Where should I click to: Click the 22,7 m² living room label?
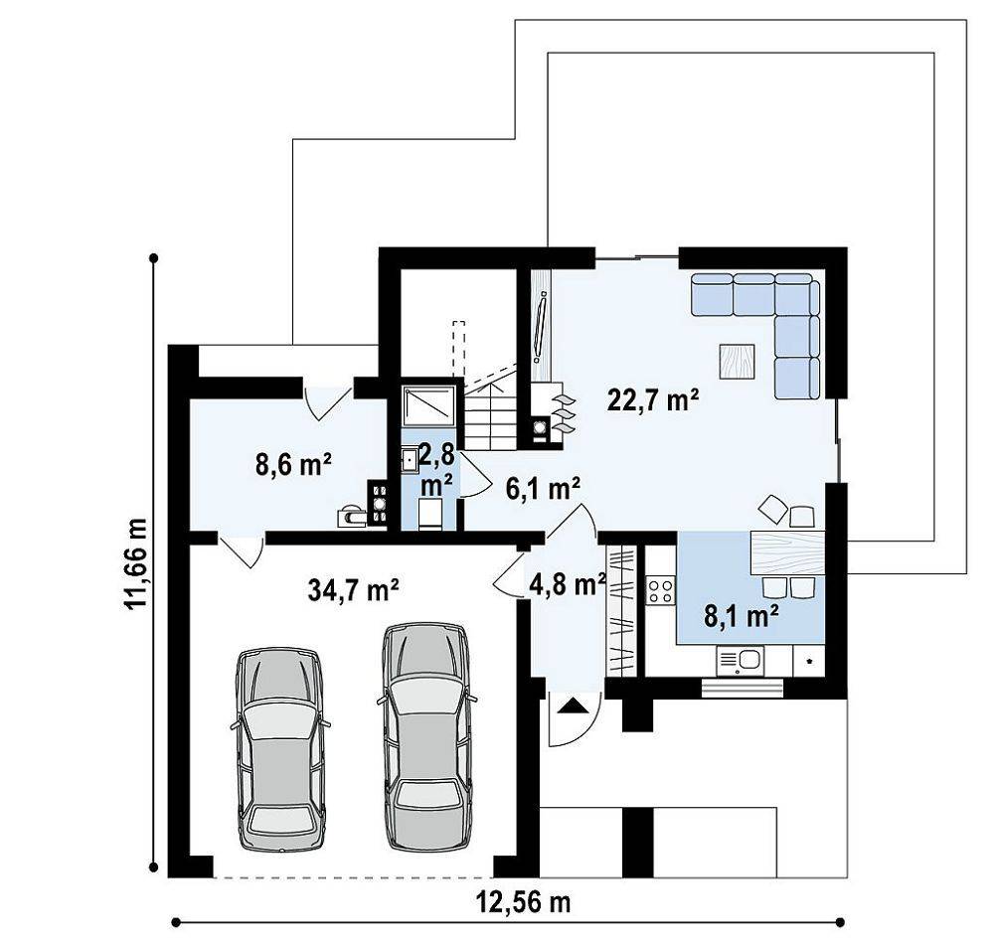653,399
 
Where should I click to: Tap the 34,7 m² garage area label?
353,590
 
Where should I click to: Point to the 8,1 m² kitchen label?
742,615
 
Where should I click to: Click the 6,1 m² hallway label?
543,488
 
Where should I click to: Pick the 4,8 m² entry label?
567,585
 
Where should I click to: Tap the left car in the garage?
279,748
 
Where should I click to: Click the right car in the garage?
427,737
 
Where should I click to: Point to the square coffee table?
737,362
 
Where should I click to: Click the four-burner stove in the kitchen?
661,590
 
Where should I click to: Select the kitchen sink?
741,661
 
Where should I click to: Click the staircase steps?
491,412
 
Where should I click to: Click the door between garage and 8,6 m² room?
242,550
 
